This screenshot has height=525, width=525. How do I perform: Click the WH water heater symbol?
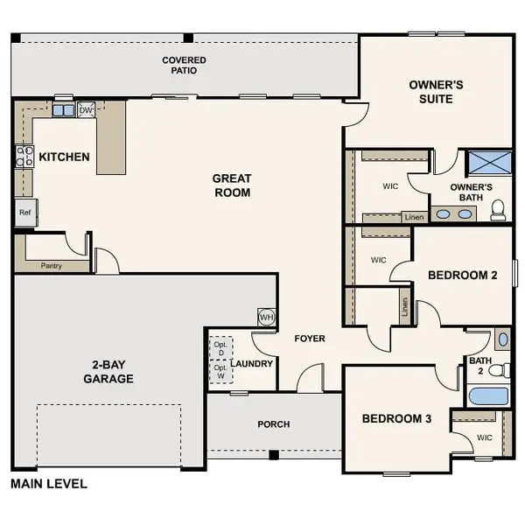click(x=265, y=316)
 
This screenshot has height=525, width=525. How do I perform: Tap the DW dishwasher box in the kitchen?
click(x=86, y=110)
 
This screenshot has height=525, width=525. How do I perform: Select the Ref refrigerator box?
click(x=24, y=212)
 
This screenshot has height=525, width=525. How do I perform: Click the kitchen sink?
click(x=63, y=110)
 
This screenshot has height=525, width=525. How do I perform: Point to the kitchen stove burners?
click(x=23, y=157)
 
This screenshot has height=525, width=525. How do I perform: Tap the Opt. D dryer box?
click(x=220, y=346)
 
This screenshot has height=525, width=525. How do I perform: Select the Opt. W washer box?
click(x=220, y=372)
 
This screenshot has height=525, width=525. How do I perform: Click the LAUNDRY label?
click(x=253, y=363)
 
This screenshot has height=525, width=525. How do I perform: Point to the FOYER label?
click(x=309, y=338)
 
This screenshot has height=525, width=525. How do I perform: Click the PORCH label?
click(x=273, y=424)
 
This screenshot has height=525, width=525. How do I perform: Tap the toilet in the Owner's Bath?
click(x=498, y=208)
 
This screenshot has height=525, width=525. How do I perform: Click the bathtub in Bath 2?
click(x=487, y=395)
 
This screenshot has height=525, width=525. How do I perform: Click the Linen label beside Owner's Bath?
click(x=414, y=217)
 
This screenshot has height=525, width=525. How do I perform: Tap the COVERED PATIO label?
click(x=185, y=66)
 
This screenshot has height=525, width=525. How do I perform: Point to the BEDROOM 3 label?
click(x=396, y=419)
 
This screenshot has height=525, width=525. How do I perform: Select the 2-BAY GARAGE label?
click(x=108, y=372)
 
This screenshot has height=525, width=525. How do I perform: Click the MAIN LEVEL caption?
click(x=48, y=483)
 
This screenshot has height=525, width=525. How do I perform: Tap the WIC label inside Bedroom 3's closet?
click(x=485, y=437)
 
